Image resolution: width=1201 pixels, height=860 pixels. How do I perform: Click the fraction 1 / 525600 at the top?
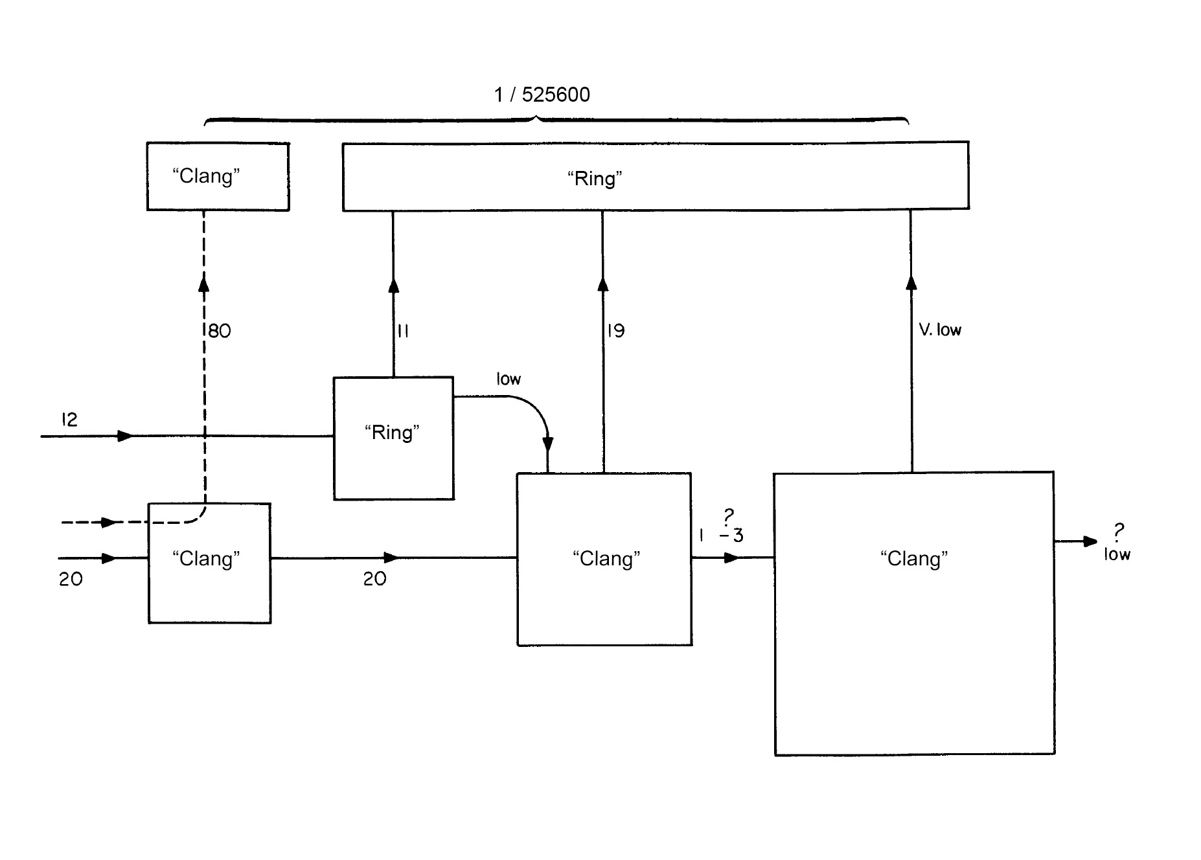(542, 95)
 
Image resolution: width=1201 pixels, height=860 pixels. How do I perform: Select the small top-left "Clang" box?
(218, 177)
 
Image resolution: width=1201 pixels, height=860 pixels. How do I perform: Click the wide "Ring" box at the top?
(655, 176)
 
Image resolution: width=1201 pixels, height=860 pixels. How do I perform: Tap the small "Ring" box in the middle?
(393, 438)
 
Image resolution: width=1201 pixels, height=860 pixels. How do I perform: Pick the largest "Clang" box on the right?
(914, 613)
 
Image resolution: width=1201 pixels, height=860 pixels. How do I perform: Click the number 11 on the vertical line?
(402, 332)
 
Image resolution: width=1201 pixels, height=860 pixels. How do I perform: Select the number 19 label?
(615, 332)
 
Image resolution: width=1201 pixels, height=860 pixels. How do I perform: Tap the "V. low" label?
(939, 330)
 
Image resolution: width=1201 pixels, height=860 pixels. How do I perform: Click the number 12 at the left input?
(69, 420)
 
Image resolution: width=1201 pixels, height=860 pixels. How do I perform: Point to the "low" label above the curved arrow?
(509, 379)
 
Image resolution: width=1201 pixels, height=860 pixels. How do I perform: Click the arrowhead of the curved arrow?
(547, 444)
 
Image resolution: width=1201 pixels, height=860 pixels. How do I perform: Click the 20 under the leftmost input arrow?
(71, 579)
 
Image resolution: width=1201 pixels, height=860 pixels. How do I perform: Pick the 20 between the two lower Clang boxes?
(374, 579)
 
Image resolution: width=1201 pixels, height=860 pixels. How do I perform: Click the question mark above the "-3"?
(729, 517)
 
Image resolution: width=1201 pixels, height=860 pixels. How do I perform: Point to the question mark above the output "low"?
(1118, 532)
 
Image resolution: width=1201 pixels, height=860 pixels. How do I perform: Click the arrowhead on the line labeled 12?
(125, 436)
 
